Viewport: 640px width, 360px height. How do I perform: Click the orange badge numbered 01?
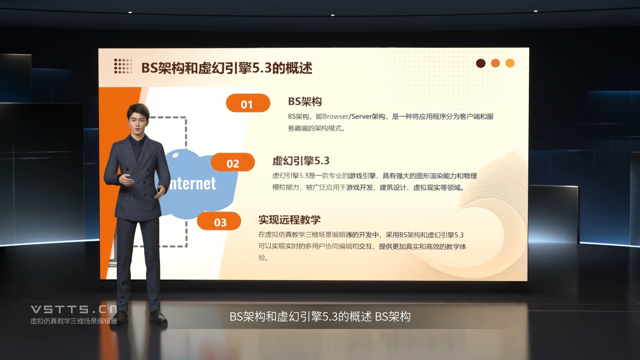pyautogui.click(x=248, y=103)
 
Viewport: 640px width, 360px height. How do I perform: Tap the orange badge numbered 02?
pyautogui.click(x=233, y=162)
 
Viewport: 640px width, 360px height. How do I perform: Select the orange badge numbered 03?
pyautogui.click(x=219, y=221)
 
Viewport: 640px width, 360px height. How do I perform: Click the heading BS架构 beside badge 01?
pyautogui.click(x=305, y=102)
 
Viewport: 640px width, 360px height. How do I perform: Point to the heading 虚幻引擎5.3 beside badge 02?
pyautogui.click(x=301, y=161)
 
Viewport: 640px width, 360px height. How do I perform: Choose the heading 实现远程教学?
pyautogui.click(x=289, y=220)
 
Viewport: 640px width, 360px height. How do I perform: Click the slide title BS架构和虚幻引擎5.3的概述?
pyautogui.click(x=227, y=68)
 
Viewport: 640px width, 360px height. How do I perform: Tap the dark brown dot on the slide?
pyautogui.click(x=481, y=63)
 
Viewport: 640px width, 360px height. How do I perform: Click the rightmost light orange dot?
pyautogui.click(x=510, y=63)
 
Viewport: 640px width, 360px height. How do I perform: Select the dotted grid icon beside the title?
pyautogui.click(x=123, y=66)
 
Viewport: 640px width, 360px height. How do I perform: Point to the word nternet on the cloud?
pyautogui.click(x=193, y=184)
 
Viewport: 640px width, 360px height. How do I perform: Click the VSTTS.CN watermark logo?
pyautogui.click(x=74, y=309)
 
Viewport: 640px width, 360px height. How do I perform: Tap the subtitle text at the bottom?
pyautogui.click(x=320, y=316)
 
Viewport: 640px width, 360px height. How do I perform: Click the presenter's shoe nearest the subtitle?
pyautogui.click(x=158, y=317)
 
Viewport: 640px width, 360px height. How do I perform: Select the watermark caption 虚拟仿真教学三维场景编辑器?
pyautogui.click(x=74, y=321)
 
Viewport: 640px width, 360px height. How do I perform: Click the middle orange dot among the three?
pyautogui.click(x=495, y=63)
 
